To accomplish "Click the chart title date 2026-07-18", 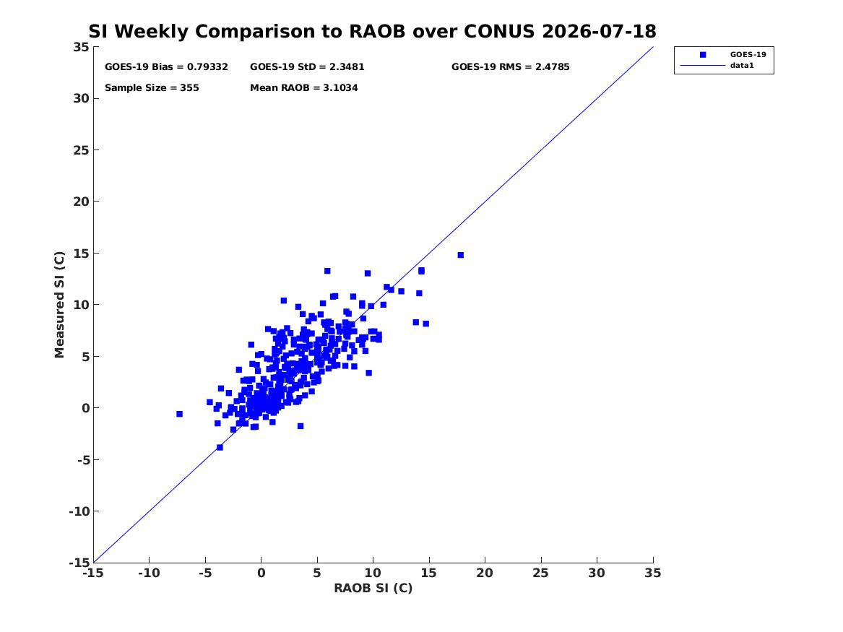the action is (x=599, y=32).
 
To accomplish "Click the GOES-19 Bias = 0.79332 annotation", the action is (x=166, y=67).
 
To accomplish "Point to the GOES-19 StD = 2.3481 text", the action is (x=307, y=67).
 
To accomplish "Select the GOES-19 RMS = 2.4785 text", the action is (x=510, y=67).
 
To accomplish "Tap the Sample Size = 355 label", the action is (x=152, y=88).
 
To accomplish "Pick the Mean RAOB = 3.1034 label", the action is (x=304, y=88).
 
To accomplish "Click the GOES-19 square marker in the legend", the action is (x=703, y=54).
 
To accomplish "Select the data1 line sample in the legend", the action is (x=703, y=66).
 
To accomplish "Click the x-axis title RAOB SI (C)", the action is (x=373, y=589).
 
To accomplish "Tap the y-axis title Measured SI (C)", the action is (x=59, y=305).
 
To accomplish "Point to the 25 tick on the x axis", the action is (x=541, y=573).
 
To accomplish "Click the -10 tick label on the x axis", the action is (x=149, y=573).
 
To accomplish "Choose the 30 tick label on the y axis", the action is (x=81, y=98).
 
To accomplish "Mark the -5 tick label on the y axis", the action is (x=81, y=460).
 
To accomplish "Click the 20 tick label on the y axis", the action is (x=81, y=202).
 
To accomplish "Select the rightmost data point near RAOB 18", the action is (x=461, y=255).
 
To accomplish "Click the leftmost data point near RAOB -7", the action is (x=180, y=414).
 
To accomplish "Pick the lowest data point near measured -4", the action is (x=220, y=447).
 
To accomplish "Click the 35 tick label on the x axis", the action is (x=653, y=573).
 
